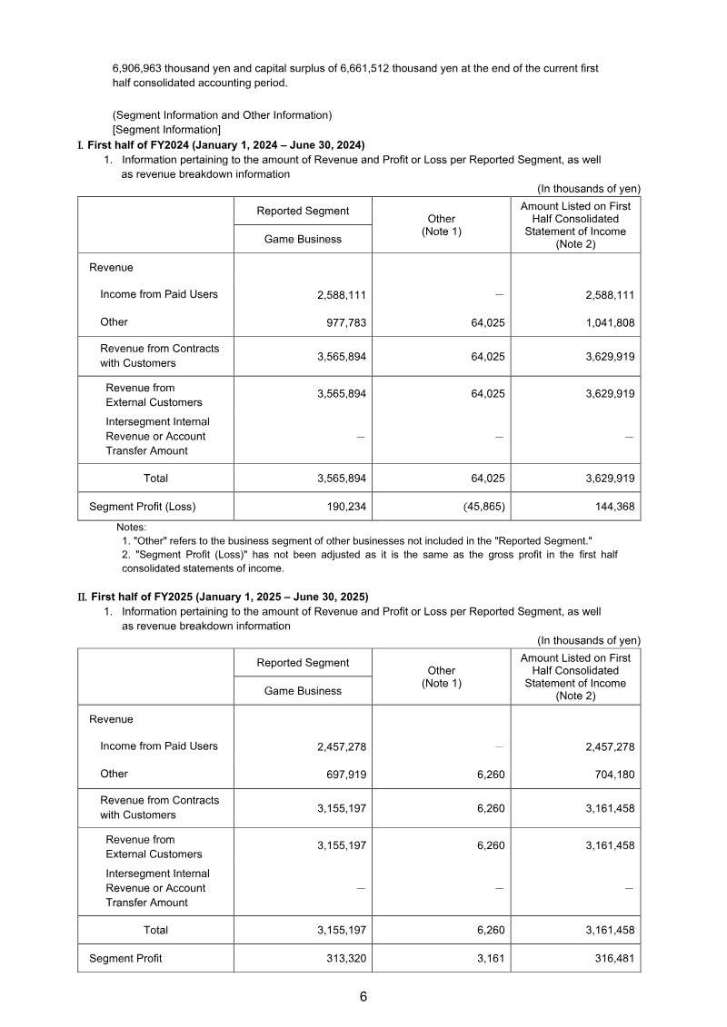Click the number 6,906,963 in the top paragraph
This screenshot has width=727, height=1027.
137,68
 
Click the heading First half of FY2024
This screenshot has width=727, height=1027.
227,144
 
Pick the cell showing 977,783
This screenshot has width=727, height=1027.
342,322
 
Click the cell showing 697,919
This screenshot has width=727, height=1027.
342,775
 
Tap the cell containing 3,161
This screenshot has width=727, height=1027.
491,959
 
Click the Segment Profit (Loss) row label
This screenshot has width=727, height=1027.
142,507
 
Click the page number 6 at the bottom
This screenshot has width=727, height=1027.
363,997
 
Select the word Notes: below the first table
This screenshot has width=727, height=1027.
132,527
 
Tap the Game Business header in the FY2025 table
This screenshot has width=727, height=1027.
303,691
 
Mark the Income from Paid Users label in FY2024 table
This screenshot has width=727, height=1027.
159,294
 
